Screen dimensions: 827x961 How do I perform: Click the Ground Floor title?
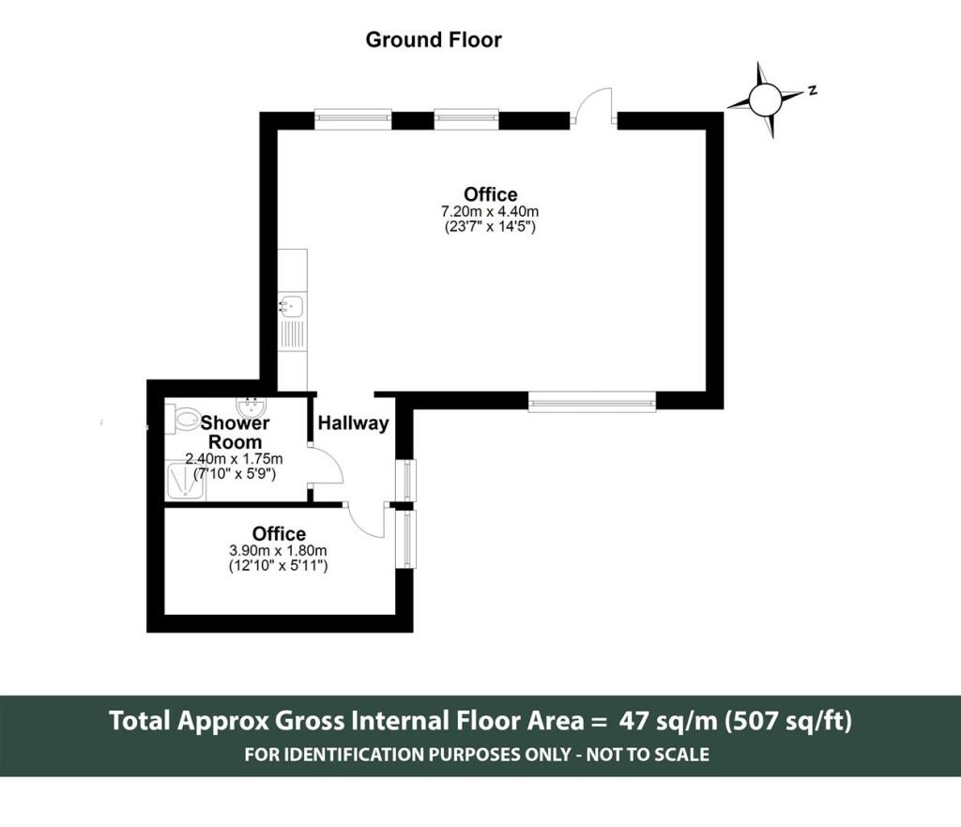tap(433, 39)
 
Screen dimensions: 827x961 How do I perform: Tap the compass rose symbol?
tap(766, 98)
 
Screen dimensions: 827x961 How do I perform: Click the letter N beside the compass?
tap(813, 91)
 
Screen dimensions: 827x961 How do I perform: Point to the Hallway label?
tap(353, 423)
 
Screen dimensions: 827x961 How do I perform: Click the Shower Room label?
tap(235, 433)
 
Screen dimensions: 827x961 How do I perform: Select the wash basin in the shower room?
tap(252, 408)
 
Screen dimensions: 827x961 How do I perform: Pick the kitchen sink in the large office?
tap(292, 305)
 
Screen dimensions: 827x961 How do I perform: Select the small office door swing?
tap(366, 519)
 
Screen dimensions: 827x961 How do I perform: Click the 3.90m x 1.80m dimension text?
tap(278, 551)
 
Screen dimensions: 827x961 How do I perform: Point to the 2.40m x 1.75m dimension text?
tap(235, 459)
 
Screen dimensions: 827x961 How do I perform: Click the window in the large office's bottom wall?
tap(591, 402)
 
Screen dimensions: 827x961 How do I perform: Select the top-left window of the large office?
tap(353, 118)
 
